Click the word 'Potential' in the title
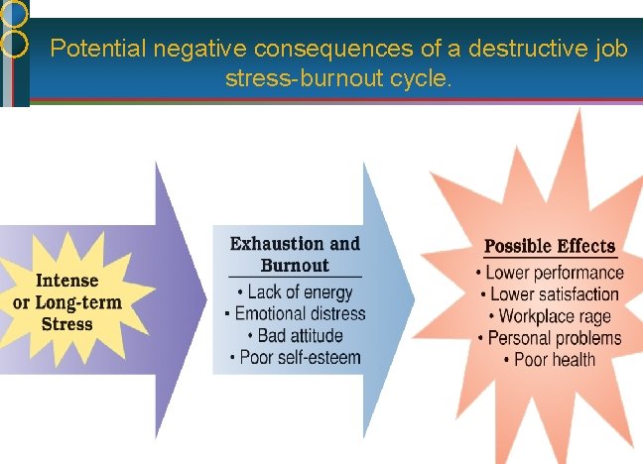[93, 48]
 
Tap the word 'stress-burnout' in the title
[290, 77]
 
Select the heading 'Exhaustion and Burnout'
[295, 254]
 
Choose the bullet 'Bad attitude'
[295, 335]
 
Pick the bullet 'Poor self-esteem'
[295, 357]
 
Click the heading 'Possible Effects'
[550, 246]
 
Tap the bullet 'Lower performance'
[550, 273]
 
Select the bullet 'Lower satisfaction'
[550, 294]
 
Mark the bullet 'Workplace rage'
[550, 316]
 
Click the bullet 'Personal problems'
[550, 338]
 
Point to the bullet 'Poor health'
[550, 359]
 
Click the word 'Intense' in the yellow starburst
[67, 282]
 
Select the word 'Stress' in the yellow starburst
[67, 323]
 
